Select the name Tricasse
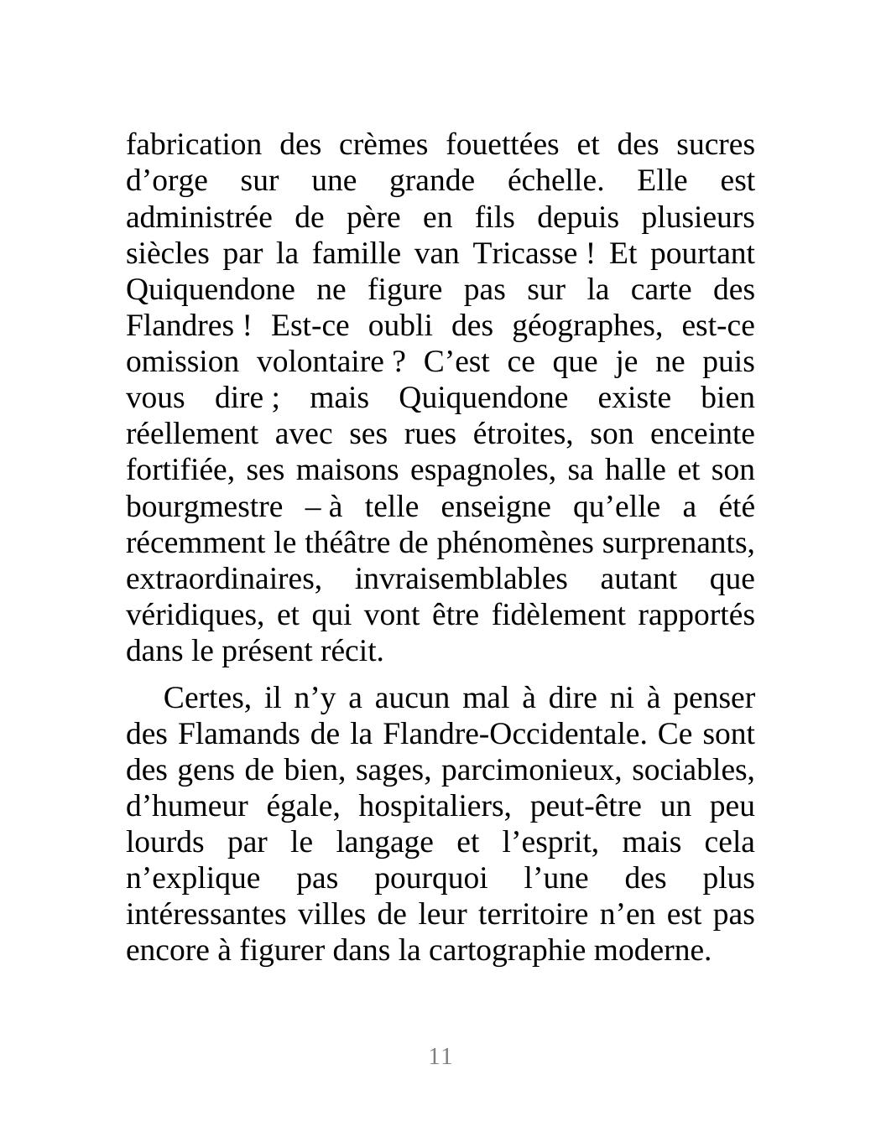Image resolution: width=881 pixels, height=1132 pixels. (x=524, y=253)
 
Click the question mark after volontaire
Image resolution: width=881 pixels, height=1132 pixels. (x=399, y=363)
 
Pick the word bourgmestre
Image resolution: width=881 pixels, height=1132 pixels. (x=204, y=508)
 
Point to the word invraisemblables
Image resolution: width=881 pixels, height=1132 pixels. (x=461, y=580)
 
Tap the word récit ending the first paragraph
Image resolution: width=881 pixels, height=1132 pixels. (x=355, y=652)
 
